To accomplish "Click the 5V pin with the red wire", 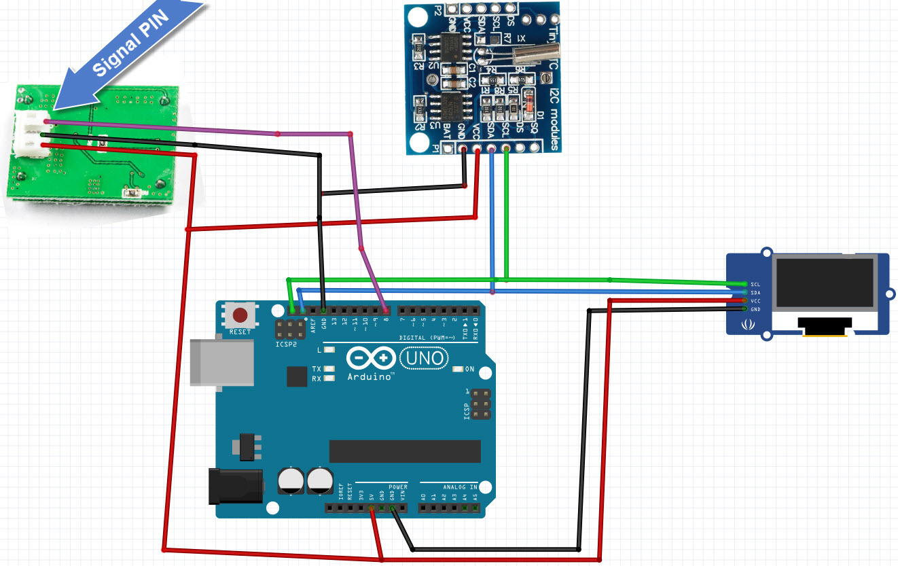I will (x=372, y=508).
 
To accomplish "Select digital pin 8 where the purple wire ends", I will (x=386, y=311).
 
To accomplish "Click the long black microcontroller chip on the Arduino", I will (x=405, y=450).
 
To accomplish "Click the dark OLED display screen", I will (x=826, y=282).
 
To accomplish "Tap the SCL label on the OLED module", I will (x=755, y=284).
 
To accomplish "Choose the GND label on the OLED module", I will (x=755, y=309).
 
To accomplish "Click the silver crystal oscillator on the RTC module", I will (x=536, y=50).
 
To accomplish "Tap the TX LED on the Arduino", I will (x=329, y=369).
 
